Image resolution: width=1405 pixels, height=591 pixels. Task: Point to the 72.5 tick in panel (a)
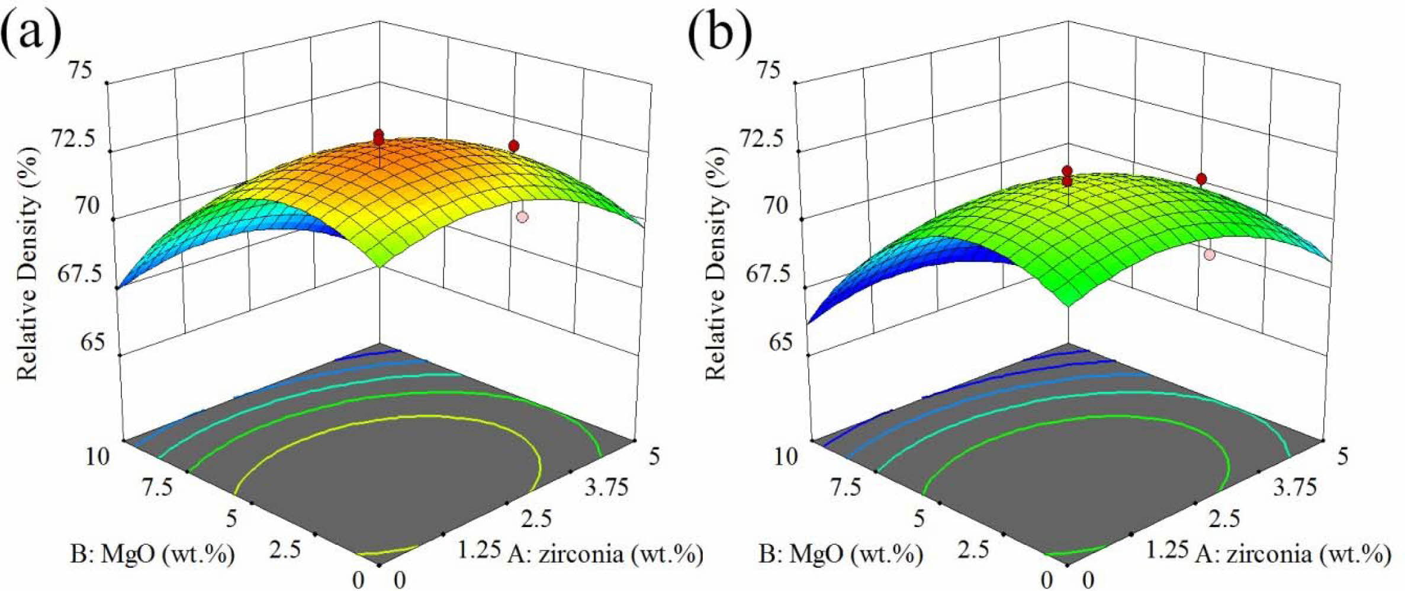(73, 139)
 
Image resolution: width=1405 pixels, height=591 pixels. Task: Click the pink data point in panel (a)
(522, 217)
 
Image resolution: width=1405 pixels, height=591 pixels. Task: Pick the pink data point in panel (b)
(1209, 254)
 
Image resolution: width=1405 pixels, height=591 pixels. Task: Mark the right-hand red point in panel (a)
(513, 146)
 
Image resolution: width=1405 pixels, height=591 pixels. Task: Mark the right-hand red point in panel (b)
(1201, 178)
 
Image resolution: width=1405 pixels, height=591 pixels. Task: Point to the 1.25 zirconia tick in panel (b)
(1166, 550)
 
